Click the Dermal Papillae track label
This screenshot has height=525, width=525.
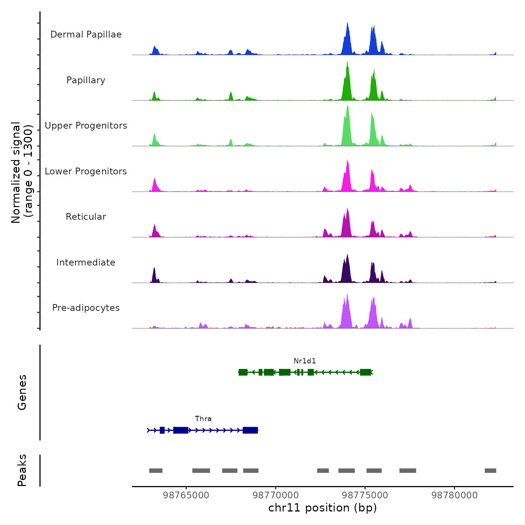point(86,34)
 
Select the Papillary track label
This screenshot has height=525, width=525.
point(86,80)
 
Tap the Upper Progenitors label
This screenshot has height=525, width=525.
point(86,126)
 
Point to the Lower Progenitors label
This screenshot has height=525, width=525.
point(86,171)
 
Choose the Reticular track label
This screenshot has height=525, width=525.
point(86,217)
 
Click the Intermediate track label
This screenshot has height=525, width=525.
point(86,262)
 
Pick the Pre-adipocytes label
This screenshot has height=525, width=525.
point(86,308)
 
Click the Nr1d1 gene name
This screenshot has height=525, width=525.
point(304,361)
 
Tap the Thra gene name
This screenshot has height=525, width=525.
point(203,419)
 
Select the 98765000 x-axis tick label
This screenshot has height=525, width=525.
point(186,495)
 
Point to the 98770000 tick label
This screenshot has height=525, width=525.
point(276,495)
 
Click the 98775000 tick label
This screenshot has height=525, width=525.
point(365,495)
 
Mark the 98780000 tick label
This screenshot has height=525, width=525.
point(454,495)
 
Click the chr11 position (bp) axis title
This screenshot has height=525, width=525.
point(322,508)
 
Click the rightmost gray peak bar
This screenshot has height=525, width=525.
point(490,471)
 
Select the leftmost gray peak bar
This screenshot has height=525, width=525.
point(156,471)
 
